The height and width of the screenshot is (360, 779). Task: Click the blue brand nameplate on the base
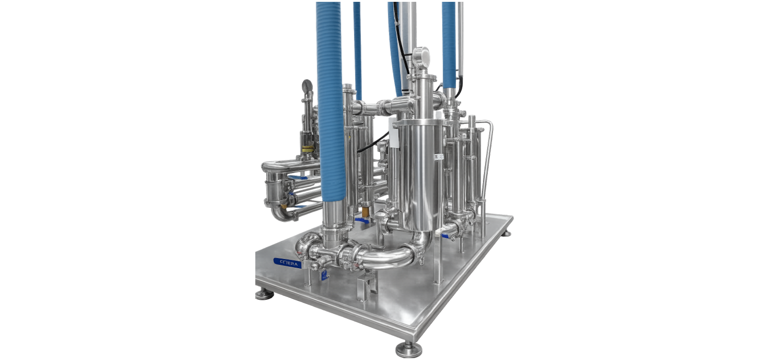point(287,263)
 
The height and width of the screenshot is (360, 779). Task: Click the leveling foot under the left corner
point(264,294)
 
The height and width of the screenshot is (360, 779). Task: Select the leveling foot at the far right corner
point(506,233)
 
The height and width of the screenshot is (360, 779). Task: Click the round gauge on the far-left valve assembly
point(307,85)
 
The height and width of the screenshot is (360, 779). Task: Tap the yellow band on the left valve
point(308,148)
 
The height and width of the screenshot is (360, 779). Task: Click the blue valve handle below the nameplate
point(323,275)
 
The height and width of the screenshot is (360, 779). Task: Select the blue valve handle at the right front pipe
point(445,236)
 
